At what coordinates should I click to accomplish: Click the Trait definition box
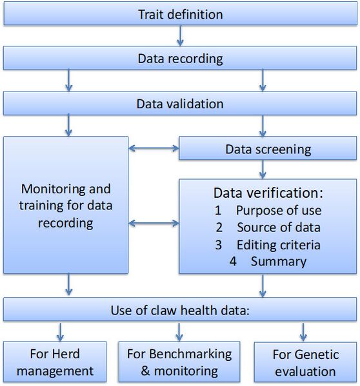[180, 14]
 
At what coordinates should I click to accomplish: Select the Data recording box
[180, 58]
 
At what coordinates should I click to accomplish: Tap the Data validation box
[180, 103]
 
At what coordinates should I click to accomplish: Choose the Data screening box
[268, 148]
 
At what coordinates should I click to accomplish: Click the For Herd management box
[55, 362]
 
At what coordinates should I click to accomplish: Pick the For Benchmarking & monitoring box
[179, 362]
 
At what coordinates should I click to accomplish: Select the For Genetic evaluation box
[305, 362]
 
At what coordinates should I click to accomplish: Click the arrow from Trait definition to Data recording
[180, 35]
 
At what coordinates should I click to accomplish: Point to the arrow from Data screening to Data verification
[263, 169]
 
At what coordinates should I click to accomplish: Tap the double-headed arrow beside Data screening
[154, 148]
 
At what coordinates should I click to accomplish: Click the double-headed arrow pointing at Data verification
[154, 223]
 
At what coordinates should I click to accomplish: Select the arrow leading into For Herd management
[61, 332]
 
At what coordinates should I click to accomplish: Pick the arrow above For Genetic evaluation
[303, 332]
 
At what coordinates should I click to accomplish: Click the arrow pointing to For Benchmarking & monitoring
[179, 332]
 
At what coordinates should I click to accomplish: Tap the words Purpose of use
[279, 211]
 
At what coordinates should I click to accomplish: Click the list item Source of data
[279, 227]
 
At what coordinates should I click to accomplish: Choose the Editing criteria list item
[279, 245]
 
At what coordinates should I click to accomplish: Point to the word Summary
[279, 262]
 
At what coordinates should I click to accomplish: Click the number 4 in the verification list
[233, 261]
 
